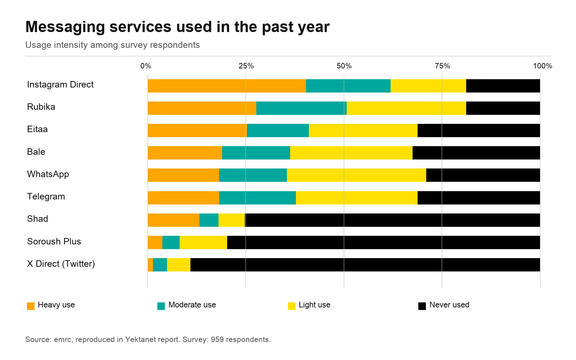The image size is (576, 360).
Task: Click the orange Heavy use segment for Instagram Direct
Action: point(227,86)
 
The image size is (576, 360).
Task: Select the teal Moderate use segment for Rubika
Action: point(302,108)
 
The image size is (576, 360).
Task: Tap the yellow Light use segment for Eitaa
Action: point(363,131)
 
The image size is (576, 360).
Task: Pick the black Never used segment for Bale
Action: point(476,153)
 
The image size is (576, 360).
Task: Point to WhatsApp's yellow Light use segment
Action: point(357,175)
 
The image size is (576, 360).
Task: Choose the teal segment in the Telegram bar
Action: point(258,198)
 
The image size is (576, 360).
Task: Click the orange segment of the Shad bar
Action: point(174,220)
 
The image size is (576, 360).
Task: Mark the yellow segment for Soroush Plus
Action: point(203,243)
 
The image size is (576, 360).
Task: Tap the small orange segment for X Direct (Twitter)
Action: point(150,265)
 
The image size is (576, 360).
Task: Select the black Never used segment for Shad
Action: point(392,220)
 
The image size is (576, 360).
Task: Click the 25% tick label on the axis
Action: point(246,66)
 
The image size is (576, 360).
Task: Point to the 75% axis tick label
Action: point(442,66)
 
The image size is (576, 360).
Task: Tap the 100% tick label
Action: point(543,66)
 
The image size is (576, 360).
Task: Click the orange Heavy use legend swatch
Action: point(31,306)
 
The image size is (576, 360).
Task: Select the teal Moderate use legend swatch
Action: point(161,306)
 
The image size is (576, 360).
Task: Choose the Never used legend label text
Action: point(449,305)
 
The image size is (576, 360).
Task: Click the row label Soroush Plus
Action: point(54,242)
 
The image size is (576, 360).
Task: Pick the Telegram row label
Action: point(46,197)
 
